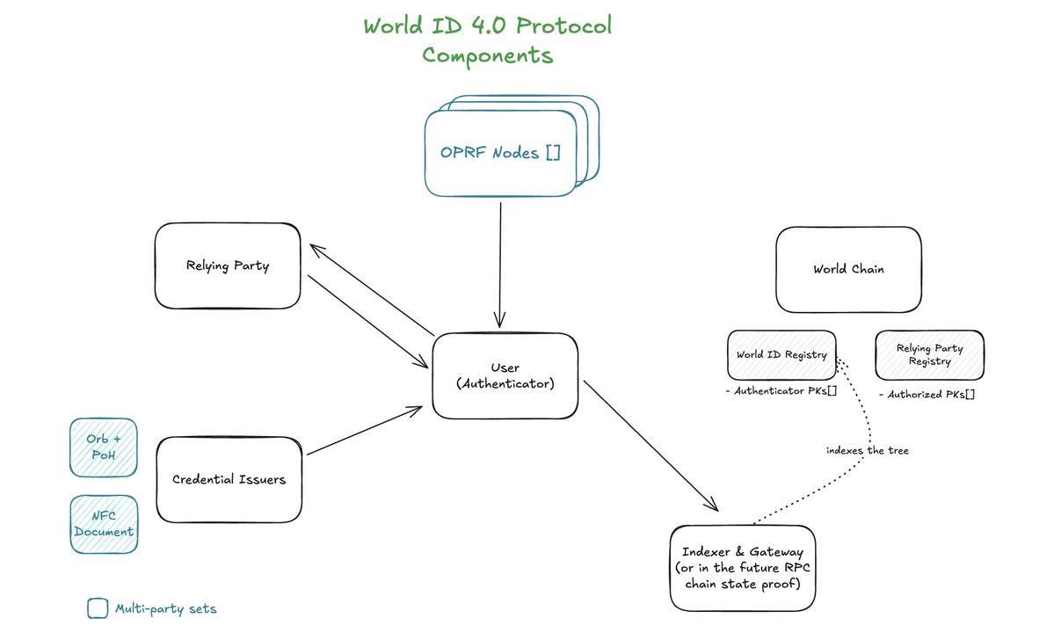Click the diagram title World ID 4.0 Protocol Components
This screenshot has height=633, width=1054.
pyautogui.click(x=487, y=40)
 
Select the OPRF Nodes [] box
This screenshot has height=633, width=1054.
pyautogui.click(x=499, y=152)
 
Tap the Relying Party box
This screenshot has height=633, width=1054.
pyautogui.click(x=228, y=266)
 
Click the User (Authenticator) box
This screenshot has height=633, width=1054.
pyautogui.click(x=505, y=375)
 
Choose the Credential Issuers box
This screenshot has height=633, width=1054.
pyautogui.click(x=229, y=479)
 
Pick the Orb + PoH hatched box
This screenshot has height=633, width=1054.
pyautogui.click(x=104, y=446)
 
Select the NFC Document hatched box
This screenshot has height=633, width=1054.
pyautogui.click(x=104, y=524)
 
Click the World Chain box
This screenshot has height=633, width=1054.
pyautogui.click(x=848, y=269)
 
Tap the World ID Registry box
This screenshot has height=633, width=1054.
pyautogui.click(x=782, y=355)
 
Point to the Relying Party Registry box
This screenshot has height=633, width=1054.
pyautogui.click(x=929, y=355)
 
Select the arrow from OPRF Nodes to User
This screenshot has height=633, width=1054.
pyautogui.click(x=501, y=264)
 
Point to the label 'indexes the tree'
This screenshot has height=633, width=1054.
pyautogui.click(x=867, y=451)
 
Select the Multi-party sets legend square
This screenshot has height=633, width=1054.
pyautogui.click(x=97, y=608)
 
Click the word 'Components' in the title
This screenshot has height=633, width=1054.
pyautogui.click(x=487, y=55)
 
